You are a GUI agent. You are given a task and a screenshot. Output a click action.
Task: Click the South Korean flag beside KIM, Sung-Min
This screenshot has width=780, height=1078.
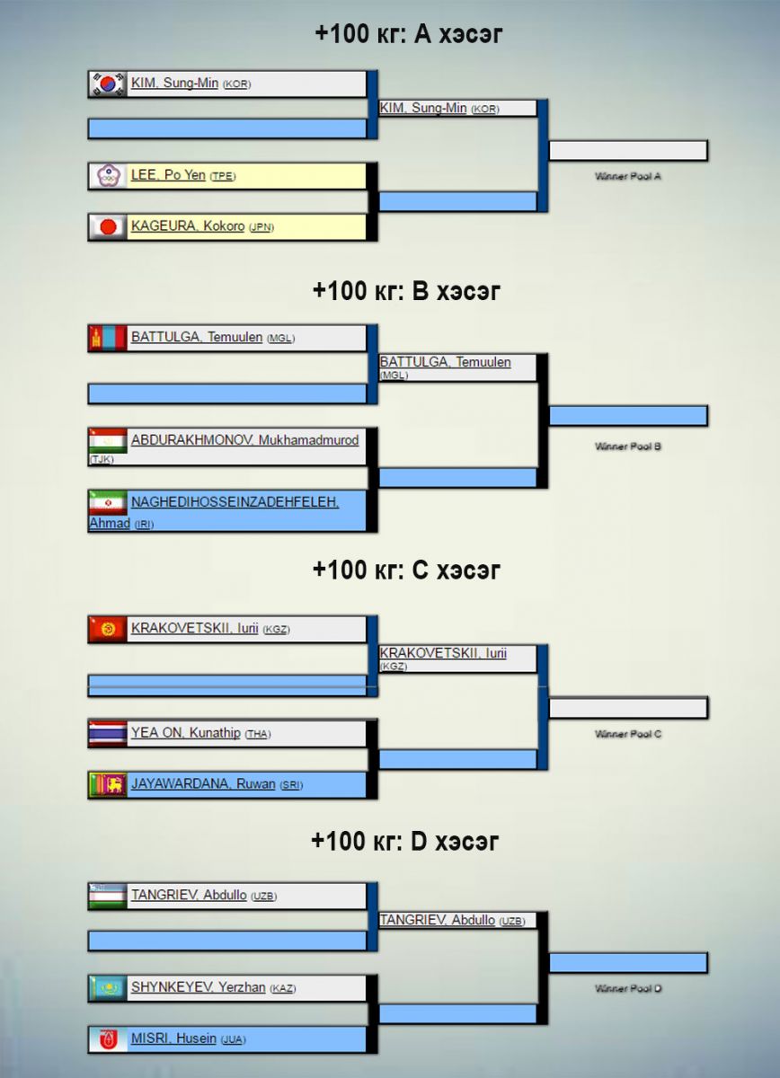pos(107,84)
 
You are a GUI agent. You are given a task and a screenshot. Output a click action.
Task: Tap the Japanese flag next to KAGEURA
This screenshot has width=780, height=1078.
pos(107,226)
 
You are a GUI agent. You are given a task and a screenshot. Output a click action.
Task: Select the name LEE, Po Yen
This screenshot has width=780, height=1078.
pos(168,175)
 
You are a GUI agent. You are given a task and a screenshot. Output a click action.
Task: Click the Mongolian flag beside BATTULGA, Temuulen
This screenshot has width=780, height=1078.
pos(107,338)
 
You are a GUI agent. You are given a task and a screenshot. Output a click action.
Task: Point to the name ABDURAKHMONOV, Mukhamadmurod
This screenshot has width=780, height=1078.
pos(244,440)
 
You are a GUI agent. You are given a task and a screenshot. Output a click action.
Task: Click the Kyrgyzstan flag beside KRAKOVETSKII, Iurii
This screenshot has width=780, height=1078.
pos(107,629)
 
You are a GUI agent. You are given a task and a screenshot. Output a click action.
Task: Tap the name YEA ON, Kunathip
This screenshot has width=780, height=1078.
pos(186,733)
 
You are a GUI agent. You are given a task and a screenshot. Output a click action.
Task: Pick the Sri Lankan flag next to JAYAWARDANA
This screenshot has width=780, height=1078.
pos(107,784)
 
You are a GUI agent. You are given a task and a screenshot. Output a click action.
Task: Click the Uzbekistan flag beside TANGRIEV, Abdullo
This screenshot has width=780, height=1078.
pos(107,896)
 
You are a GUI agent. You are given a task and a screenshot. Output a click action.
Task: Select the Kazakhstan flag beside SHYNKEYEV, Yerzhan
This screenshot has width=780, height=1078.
pos(107,988)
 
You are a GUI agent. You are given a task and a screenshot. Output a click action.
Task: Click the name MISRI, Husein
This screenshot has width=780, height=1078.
pos(173,1038)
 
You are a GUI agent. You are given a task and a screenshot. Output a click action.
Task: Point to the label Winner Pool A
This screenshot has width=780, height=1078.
pos(628,177)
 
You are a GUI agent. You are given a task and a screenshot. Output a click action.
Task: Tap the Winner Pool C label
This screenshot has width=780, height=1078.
pos(628,735)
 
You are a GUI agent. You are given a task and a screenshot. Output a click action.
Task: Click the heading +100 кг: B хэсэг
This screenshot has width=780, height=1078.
pos(406,291)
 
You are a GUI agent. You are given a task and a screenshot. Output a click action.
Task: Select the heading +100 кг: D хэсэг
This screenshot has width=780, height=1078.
pos(405,842)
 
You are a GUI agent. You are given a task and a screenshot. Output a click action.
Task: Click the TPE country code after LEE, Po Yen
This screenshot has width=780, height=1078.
pos(222,177)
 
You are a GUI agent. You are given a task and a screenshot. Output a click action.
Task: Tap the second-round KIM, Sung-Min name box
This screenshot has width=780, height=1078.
pos(457,108)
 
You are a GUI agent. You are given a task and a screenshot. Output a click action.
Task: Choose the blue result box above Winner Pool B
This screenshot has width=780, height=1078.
pos(628,416)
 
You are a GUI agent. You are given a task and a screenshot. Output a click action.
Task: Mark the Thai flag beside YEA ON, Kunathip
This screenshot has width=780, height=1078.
pos(107,733)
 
